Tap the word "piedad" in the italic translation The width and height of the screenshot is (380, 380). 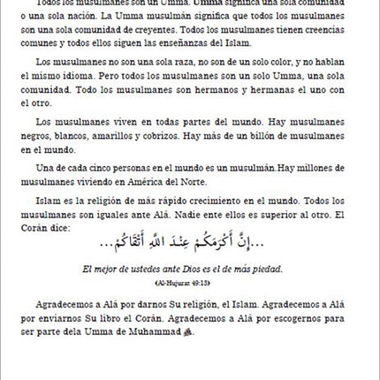point(264,269)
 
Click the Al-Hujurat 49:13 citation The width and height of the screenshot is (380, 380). point(182,283)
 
